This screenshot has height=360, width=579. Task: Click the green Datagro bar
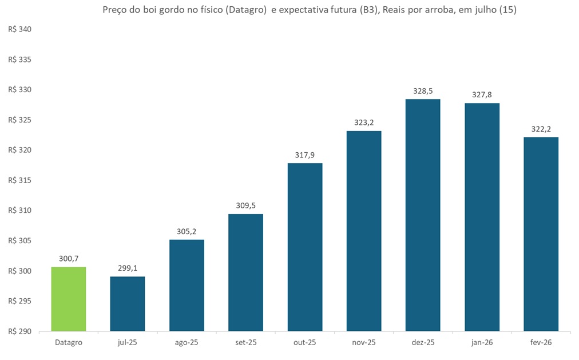tap(69, 299)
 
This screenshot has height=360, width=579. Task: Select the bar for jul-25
tap(128, 303)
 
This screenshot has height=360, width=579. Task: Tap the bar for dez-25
tap(423, 215)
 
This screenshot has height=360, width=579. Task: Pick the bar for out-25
tap(305, 247)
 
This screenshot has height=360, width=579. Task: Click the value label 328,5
tap(423, 91)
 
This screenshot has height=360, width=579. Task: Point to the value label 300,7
tap(69, 259)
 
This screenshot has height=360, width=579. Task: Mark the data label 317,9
tap(305, 155)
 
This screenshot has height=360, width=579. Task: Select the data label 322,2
tap(541, 129)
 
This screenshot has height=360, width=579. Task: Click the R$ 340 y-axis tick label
tap(20, 30)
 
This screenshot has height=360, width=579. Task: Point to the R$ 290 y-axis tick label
tap(20, 331)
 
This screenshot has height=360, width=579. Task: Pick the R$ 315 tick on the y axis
tap(20, 180)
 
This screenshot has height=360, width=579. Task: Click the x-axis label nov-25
tap(364, 342)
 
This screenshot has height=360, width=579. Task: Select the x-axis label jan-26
tap(482, 342)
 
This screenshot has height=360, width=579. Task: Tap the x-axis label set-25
tap(245, 342)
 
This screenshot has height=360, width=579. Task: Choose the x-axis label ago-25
tap(187, 342)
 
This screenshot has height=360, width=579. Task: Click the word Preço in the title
tap(114, 10)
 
